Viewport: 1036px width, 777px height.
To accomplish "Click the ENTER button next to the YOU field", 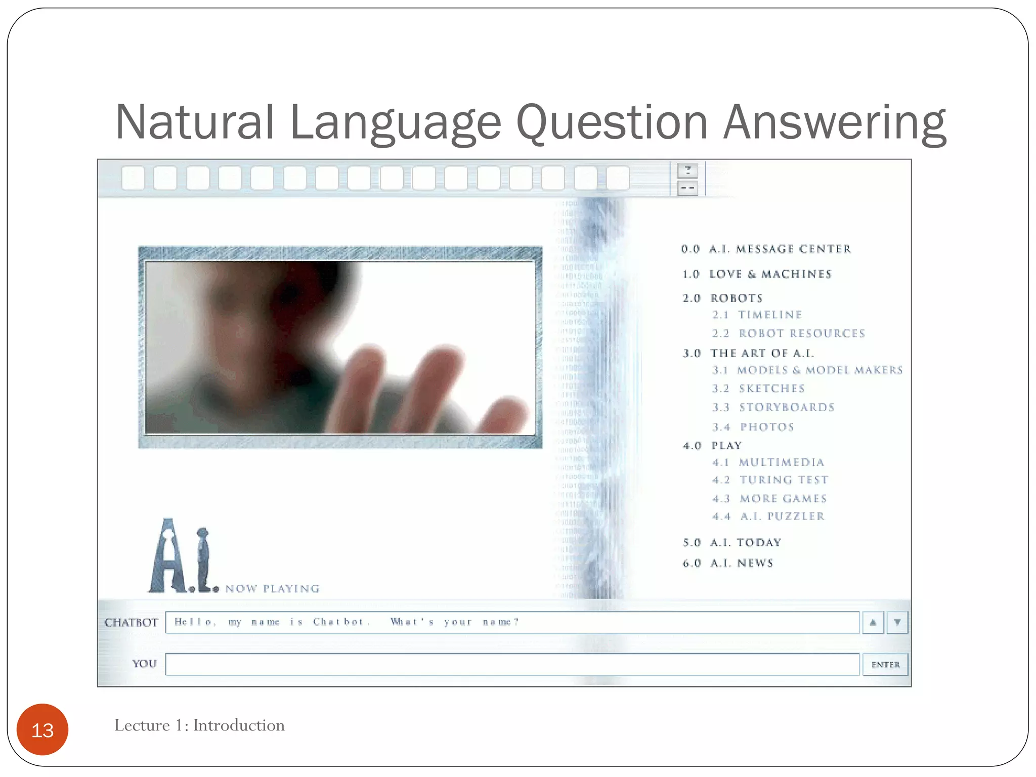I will (x=885, y=665).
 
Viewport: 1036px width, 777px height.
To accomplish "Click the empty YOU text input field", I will (x=512, y=665).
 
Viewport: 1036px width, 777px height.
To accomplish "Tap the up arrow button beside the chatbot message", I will (x=873, y=623).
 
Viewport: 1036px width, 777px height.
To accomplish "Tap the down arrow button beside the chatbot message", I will (x=897, y=623).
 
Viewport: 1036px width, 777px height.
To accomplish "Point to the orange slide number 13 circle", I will (x=42, y=729).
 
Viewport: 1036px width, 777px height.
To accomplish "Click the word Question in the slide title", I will (x=611, y=122).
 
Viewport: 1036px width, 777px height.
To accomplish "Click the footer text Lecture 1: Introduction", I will (x=199, y=725).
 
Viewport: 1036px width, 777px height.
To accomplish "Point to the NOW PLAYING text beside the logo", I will (x=272, y=588).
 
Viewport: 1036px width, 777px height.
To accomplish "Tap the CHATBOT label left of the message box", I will (x=131, y=623).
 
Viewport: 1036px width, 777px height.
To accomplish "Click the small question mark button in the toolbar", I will (x=687, y=170).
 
